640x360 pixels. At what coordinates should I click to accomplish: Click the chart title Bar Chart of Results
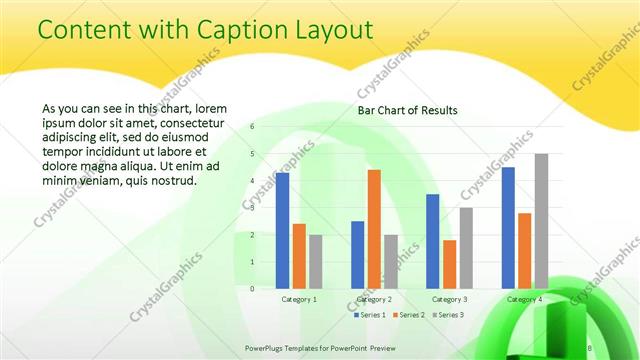coord(408,110)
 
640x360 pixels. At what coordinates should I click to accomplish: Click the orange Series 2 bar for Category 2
coord(374,229)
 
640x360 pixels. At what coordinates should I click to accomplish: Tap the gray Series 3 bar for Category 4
coord(541,221)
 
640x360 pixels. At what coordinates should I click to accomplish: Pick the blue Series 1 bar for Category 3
coord(432,241)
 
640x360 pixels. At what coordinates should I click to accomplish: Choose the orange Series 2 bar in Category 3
coord(450,264)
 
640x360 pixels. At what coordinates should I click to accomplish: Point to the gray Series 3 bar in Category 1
coord(316,261)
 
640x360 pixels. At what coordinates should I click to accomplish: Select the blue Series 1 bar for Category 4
coord(508,227)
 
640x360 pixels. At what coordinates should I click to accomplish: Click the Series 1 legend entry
coord(370,315)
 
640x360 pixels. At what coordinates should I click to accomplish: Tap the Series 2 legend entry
coord(409,315)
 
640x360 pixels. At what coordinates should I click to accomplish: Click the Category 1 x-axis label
coord(299,299)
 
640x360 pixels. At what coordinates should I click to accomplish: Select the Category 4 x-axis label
coord(525,299)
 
